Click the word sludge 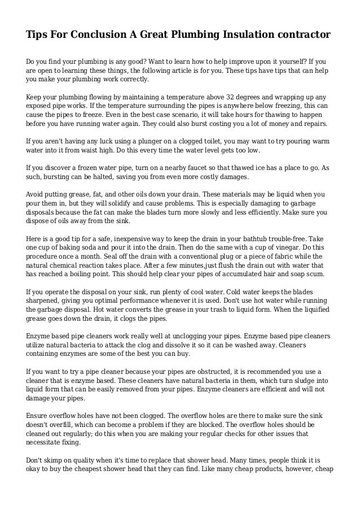[298, 382]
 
